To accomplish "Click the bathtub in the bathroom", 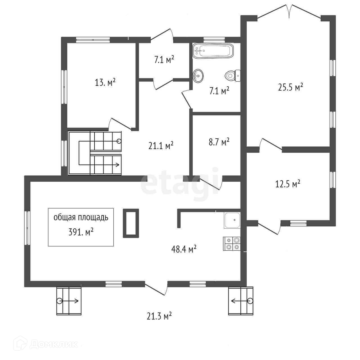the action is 213,51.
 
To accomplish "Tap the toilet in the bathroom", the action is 233,76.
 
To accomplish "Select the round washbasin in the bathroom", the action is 198,76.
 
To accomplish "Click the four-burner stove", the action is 232,244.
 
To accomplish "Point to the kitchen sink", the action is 232,220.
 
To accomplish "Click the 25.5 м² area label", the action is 290,87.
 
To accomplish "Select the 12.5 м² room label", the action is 288,184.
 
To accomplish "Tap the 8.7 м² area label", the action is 219,142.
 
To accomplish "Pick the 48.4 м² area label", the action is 184,249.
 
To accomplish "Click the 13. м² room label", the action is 105,82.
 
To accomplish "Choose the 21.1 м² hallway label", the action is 161,145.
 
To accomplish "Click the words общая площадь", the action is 81,218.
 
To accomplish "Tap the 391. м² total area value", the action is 81,232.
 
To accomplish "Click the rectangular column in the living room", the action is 131,223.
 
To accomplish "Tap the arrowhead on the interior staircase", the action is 117,165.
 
